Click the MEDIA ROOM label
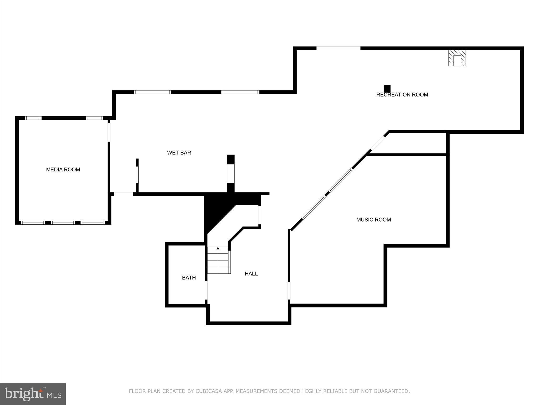pyautogui.click(x=63, y=170)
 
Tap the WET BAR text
pyautogui.click(x=179, y=153)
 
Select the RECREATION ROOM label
pyautogui.click(x=402, y=95)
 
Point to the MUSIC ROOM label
pyautogui.click(x=373, y=220)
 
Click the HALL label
pyautogui.click(x=251, y=274)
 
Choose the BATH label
pyautogui.click(x=189, y=278)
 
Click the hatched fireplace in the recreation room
pyautogui.click(x=457, y=58)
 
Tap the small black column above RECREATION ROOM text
pyautogui.click(x=387, y=89)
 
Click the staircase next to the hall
pyautogui.click(x=218, y=260)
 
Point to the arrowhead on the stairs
pyautogui.click(x=218, y=248)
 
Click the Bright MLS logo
pyautogui.click(x=33, y=394)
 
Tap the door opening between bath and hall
pyautogui.click(x=206, y=290)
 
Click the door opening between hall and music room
pyautogui.click(x=289, y=291)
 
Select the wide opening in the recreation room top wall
pyautogui.click(x=338, y=48)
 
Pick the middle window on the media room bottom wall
pyautogui.click(x=63, y=223)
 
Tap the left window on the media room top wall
pyautogui.click(x=33, y=118)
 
